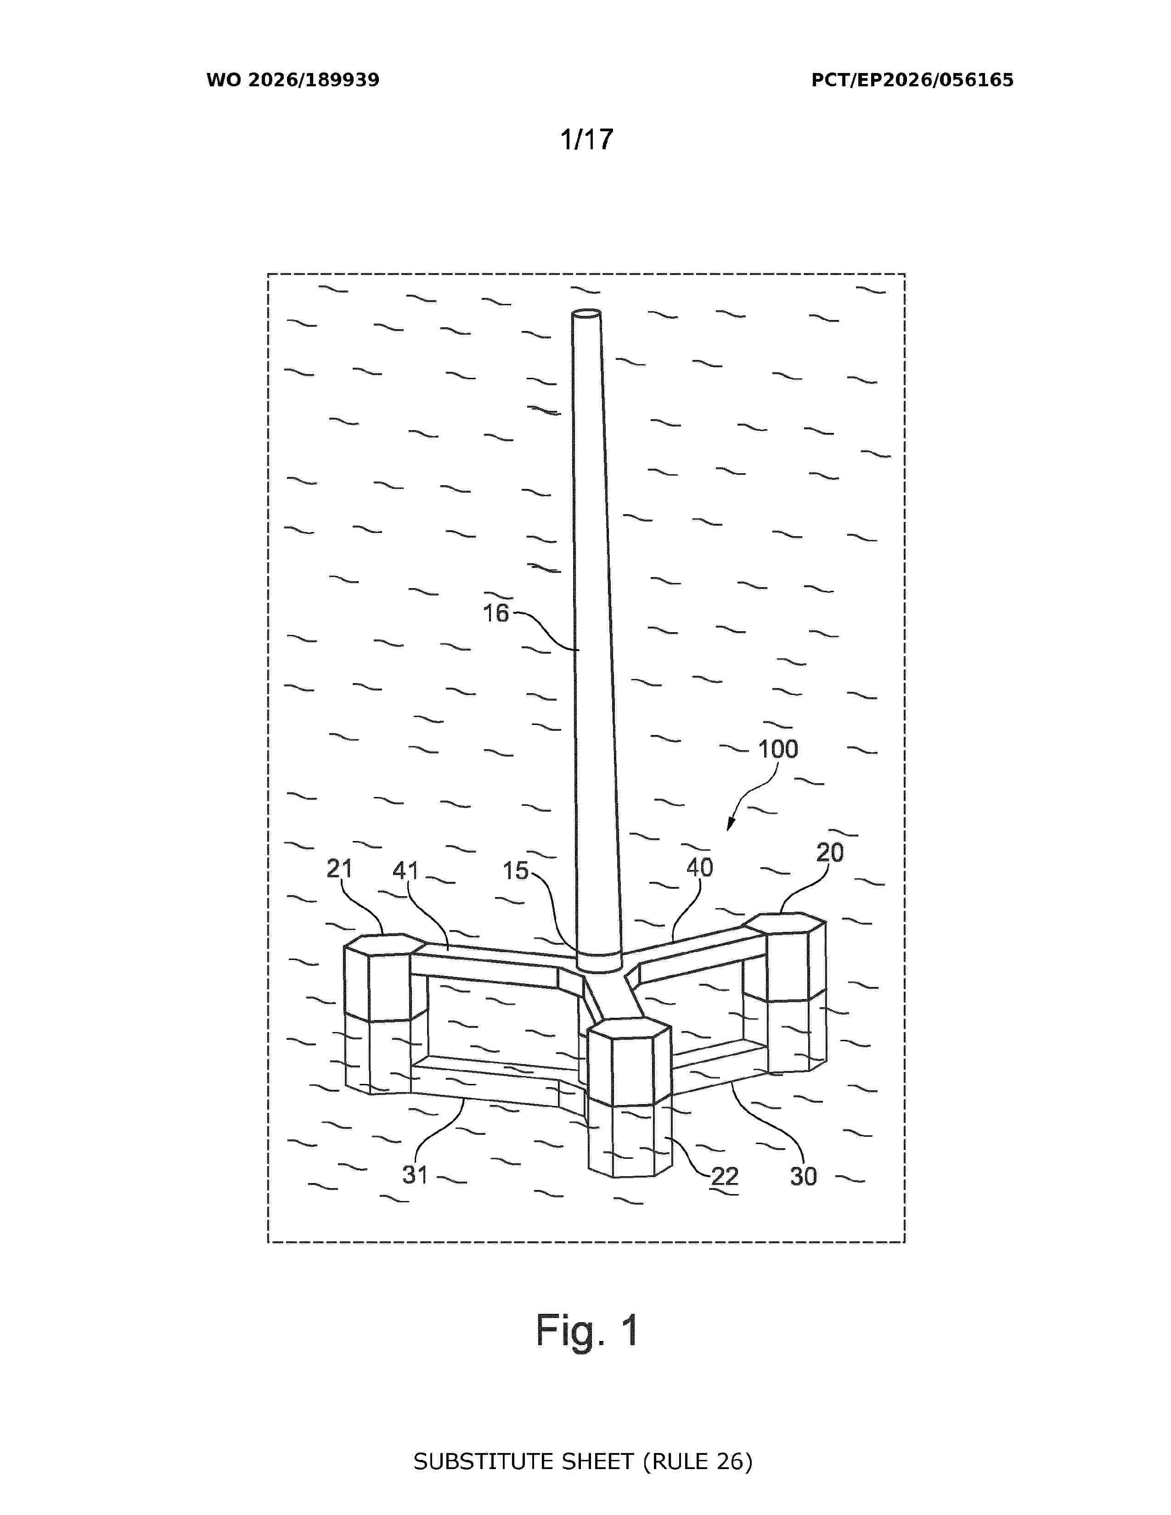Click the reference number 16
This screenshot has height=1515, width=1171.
coord(495,613)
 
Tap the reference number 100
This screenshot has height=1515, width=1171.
coord(777,749)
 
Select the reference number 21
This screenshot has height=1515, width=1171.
coord(339,869)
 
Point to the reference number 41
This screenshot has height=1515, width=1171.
coord(406,870)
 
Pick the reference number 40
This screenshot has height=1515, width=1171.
coord(699,867)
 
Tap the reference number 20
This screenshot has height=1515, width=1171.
coord(830,853)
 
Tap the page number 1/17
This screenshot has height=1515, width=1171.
coord(587,140)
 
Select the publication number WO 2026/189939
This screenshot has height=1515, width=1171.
coord(293,80)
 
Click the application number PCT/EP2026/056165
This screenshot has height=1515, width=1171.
coord(912,80)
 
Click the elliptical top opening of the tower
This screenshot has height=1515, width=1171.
coord(586,314)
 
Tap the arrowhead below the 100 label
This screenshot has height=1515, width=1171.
coord(730,824)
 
